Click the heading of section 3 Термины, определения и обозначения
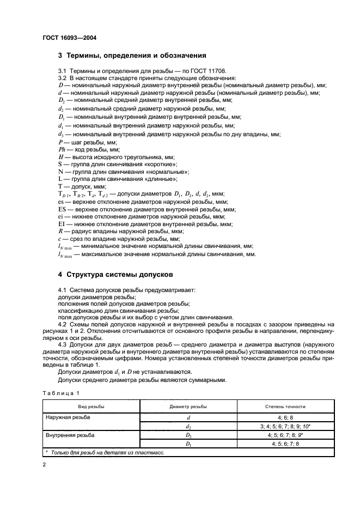click(x=132, y=55)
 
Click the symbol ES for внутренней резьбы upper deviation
click(x=63, y=209)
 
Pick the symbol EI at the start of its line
click(x=62, y=224)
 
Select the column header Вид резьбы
click(x=91, y=406)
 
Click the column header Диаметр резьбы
click(x=188, y=406)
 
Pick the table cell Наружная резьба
click(x=68, y=417)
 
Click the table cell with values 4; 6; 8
click(x=285, y=417)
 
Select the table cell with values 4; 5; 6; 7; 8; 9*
click(x=285, y=435)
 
